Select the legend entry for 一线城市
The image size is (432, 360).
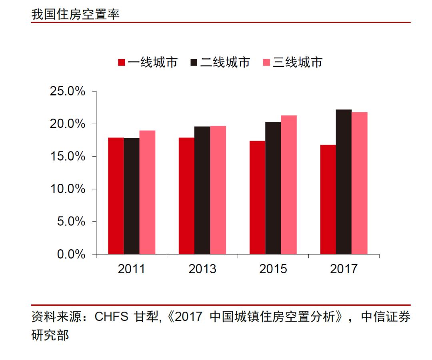click(x=148, y=62)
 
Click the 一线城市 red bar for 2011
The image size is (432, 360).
click(x=116, y=196)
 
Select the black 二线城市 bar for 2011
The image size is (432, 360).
click(x=132, y=196)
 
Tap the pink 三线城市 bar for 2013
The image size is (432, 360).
click(x=218, y=190)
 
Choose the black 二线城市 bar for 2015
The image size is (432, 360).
click(x=273, y=188)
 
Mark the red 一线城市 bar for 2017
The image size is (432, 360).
click(x=328, y=199)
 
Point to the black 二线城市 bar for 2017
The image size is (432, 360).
click(x=344, y=182)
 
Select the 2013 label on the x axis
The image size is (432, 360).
click(x=202, y=269)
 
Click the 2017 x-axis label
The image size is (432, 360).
click(x=344, y=269)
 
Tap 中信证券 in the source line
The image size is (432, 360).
click(x=386, y=317)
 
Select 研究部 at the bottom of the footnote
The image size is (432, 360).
click(x=50, y=335)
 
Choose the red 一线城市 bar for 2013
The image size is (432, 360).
click(x=187, y=196)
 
